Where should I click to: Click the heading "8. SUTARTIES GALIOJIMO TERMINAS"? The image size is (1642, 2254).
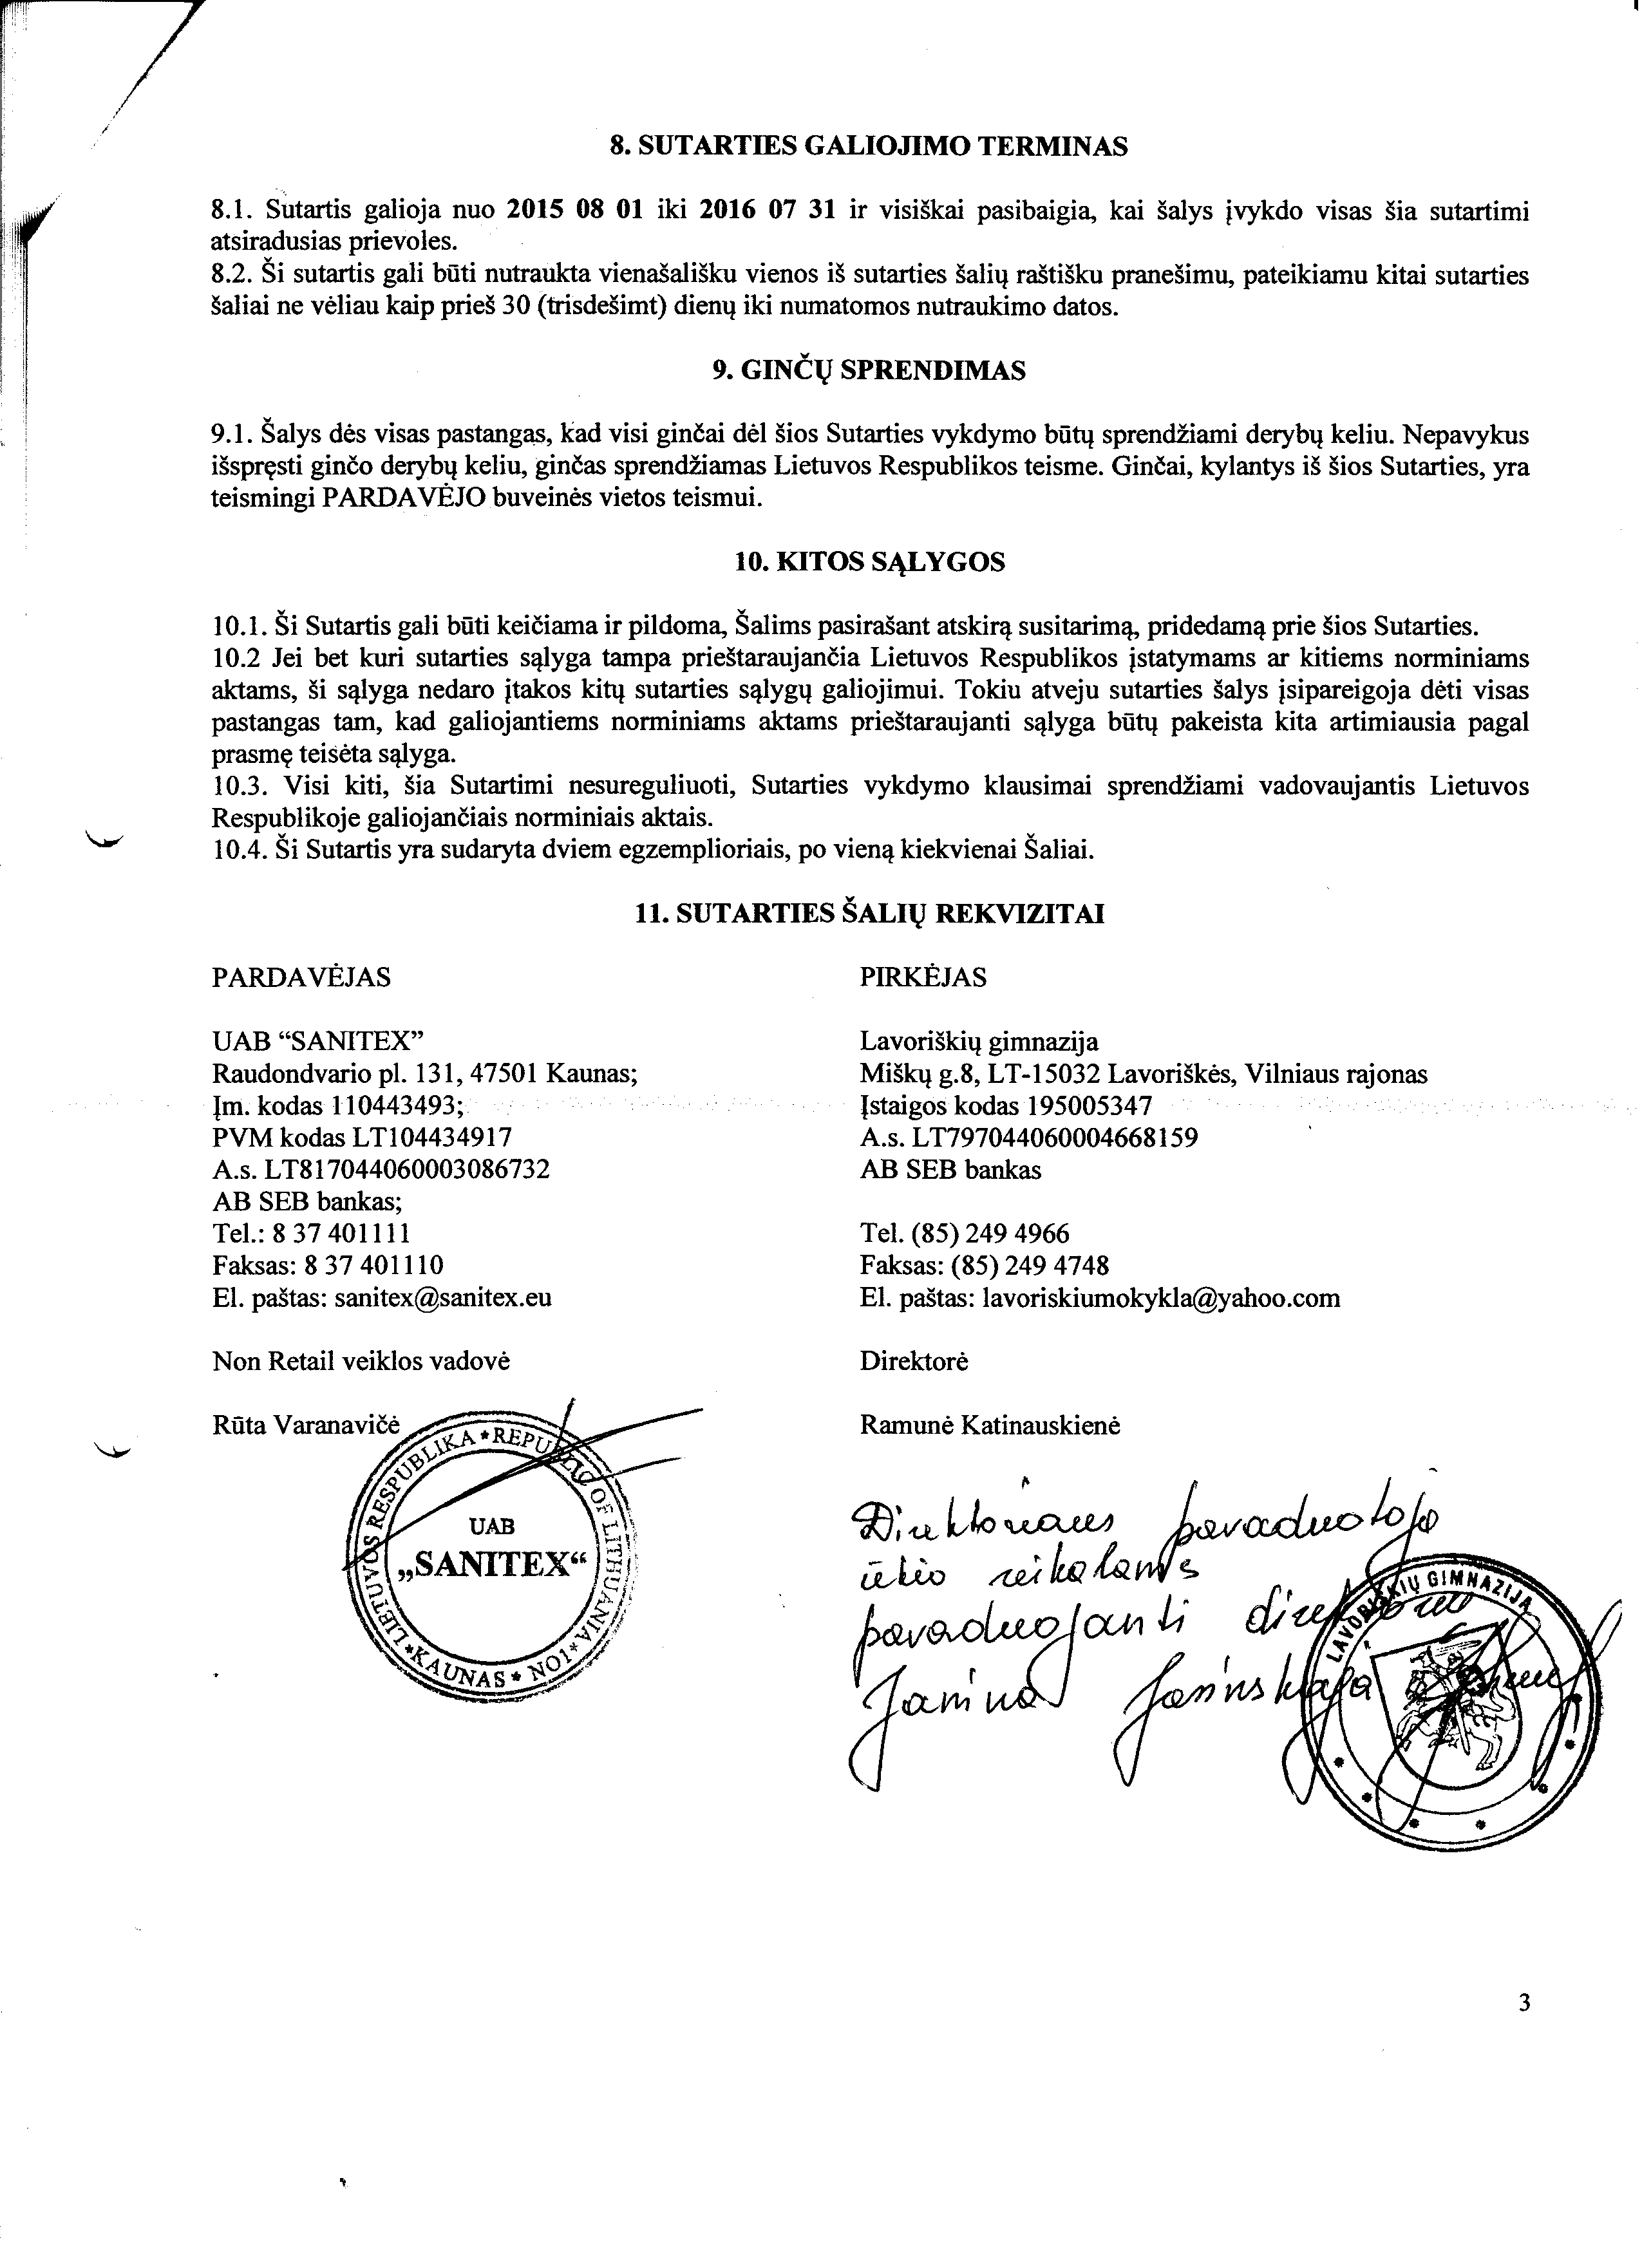pos(869,147)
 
